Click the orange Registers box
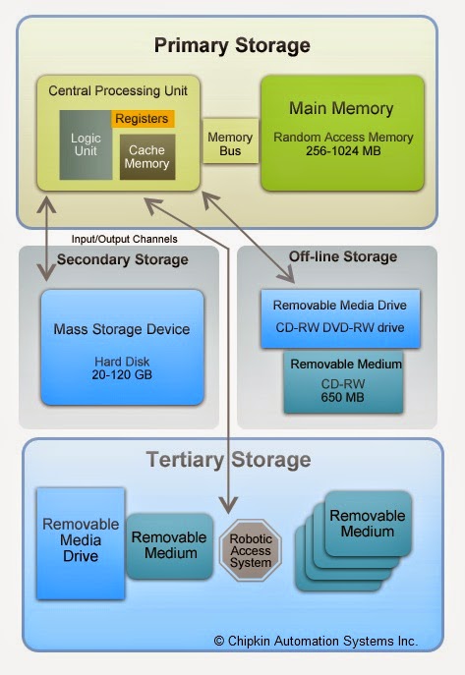pyautogui.click(x=143, y=118)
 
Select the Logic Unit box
pyautogui.click(x=86, y=144)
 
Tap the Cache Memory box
pyautogui.click(x=147, y=156)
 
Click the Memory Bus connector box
pyautogui.click(x=230, y=143)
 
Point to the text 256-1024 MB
pyautogui.click(x=343, y=151)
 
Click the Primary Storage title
pyautogui.click(x=232, y=45)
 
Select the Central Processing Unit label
pyautogui.click(x=118, y=90)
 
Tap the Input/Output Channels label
pyautogui.click(x=125, y=239)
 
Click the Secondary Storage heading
pyautogui.click(x=123, y=259)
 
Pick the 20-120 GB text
pyautogui.click(x=122, y=374)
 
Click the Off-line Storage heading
pyautogui.click(x=343, y=256)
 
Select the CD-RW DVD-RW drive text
pyautogui.click(x=340, y=327)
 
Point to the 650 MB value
pyautogui.click(x=343, y=397)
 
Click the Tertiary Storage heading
pyautogui.click(x=229, y=460)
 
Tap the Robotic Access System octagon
pyautogui.click(x=251, y=550)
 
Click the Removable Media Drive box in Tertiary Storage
pyautogui.click(x=81, y=543)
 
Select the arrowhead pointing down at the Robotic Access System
pyautogui.click(x=228, y=504)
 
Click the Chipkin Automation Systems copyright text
pyautogui.click(x=316, y=641)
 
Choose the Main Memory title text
pyautogui.click(x=341, y=108)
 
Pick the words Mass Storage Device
pyautogui.click(x=122, y=329)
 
